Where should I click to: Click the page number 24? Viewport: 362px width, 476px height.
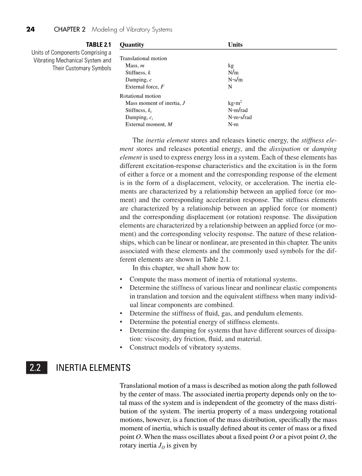[x=30, y=30]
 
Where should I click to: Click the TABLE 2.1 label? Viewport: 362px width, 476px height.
[x=99, y=45]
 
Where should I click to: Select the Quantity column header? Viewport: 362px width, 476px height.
[x=131, y=45]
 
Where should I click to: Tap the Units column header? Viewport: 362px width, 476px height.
[x=235, y=45]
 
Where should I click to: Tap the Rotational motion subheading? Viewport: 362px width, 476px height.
[x=140, y=96]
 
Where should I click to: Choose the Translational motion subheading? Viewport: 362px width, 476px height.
[x=143, y=58]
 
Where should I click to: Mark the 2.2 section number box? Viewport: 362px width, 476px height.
[x=36, y=367]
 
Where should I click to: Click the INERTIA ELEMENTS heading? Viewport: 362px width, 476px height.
[x=93, y=367]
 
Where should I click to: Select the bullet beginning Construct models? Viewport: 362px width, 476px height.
[x=185, y=347]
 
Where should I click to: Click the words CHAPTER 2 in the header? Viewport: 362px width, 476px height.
[x=70, y=30]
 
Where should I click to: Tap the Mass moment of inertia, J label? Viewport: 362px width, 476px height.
[x=155, y=103]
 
